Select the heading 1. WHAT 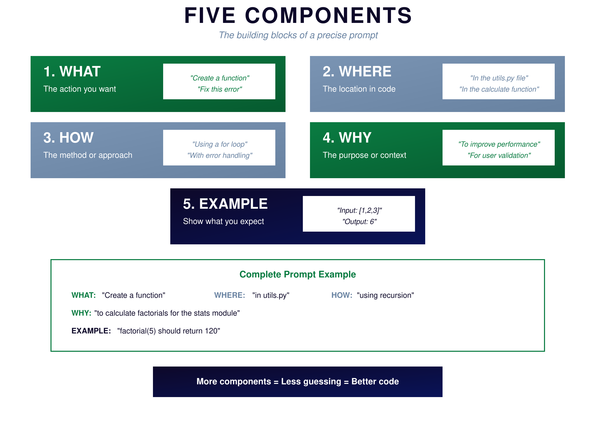tap(72, 72)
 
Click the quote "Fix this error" tap(219, 89)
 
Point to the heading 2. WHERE tap(357, 72)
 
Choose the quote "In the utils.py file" tap(499, 78)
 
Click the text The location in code tap(359, 89)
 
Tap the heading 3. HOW tap(68, 138)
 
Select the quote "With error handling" tap(219, 156)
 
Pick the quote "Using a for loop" tap(219, 144)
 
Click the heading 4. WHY tap(347, 138)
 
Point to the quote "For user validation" tap(499, 156)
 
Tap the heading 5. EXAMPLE tap(225, 204)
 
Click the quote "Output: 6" tap(359, 222)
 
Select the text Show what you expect tap(223, 221)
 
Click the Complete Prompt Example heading tap(297, 275)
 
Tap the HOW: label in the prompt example tap(342, 295)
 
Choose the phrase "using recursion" tap(385, 296)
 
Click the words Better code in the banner tap(375, 382)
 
